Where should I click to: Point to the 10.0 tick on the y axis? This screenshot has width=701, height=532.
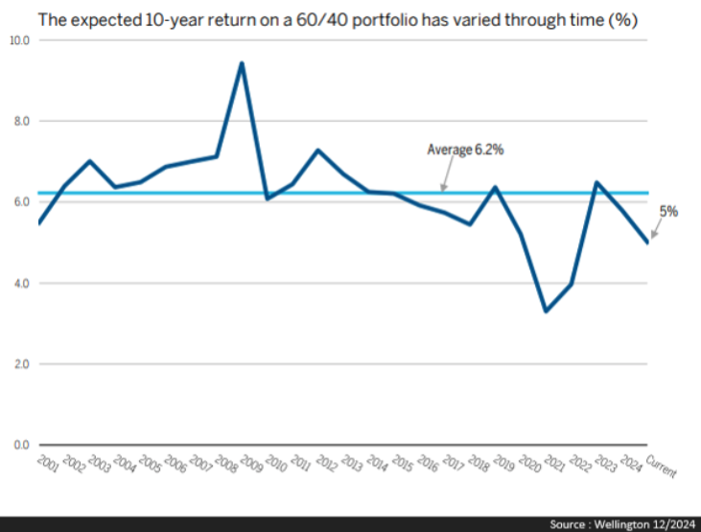pos(20,41)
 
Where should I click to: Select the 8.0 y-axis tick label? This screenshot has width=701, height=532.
pos(20,122)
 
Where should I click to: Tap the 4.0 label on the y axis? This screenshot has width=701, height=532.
pos(20,284)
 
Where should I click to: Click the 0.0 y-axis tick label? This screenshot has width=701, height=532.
pos(20,445)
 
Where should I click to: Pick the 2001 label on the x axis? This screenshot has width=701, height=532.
pos(47,465)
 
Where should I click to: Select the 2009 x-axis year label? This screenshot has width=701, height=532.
pos(249,465)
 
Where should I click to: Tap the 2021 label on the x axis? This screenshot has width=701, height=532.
pos(553,465)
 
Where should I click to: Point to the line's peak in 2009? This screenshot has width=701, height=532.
pos(242,63)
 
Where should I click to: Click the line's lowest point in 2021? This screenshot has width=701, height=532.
pos(546,312)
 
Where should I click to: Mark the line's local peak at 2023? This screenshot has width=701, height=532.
pos(596,182)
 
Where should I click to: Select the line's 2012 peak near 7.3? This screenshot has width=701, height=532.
pos(317,150)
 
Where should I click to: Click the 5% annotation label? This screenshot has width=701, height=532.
pos(667,212)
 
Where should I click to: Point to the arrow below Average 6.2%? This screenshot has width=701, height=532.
pos(443,181)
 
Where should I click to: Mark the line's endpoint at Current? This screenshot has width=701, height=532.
pos(648,243)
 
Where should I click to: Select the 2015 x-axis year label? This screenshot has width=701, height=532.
pos(401,465)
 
